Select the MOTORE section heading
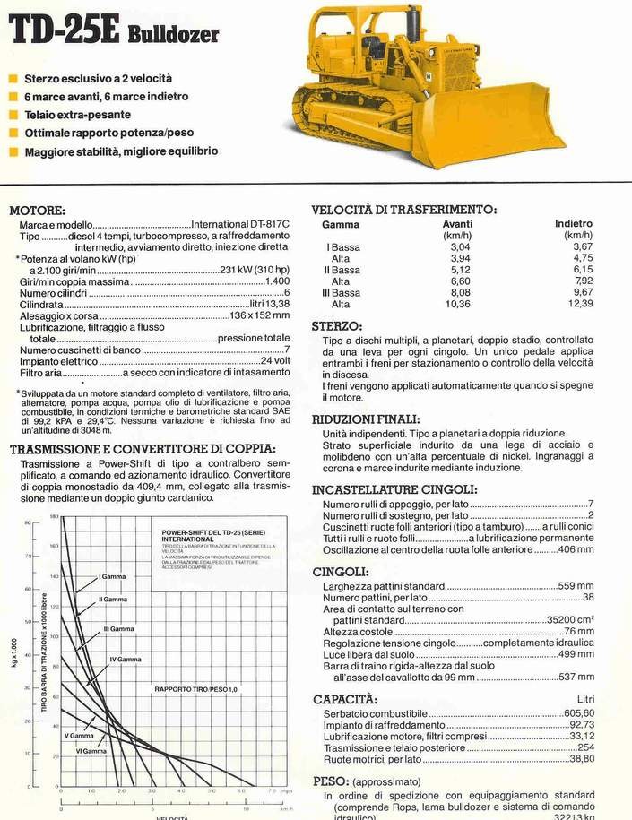37,210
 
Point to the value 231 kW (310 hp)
255,271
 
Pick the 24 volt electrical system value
275,361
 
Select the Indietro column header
574,224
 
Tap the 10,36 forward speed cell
457,304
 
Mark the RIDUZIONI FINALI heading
365,419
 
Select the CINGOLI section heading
340,571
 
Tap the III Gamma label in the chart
117,629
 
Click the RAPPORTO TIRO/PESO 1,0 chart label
195,688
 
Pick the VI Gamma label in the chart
91,751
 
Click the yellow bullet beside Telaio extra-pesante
13,115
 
